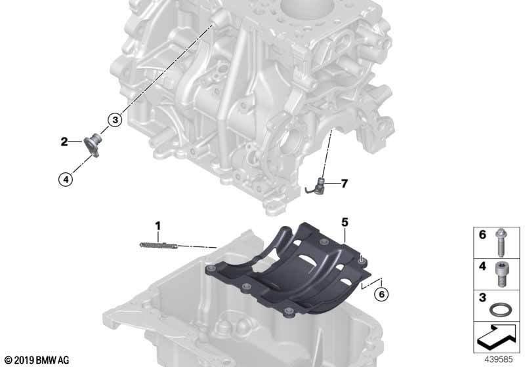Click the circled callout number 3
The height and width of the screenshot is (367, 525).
115,120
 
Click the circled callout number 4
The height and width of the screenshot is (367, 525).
66,180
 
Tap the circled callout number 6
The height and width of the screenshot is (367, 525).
381,294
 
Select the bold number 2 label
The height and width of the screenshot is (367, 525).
64,142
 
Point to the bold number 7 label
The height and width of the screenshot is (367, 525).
344,183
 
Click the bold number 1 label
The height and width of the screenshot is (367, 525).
157,226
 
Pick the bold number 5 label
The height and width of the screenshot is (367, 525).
345,222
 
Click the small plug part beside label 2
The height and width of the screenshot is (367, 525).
92,145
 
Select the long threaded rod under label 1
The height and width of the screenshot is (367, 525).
159,245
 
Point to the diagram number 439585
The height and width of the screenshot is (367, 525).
499,360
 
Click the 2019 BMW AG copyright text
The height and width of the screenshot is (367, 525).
37,360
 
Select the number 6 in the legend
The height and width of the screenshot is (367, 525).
482,235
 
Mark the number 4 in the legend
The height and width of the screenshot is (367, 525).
482,266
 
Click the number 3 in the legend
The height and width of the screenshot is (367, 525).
482,298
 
